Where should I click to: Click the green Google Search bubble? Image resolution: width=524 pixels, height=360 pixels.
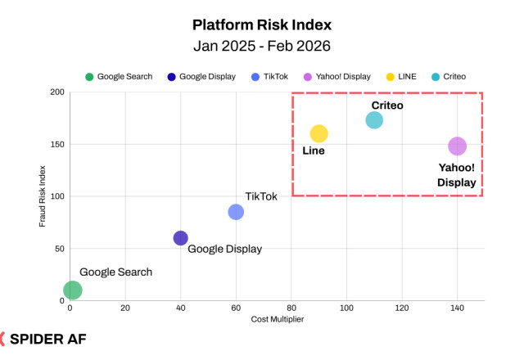tap(72, 290)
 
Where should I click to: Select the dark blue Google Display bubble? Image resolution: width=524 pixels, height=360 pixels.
tap(181, 238)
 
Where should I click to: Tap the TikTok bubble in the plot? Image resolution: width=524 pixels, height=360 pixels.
tap(236, 212)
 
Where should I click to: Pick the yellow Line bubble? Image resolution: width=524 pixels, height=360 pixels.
tap(319, 133)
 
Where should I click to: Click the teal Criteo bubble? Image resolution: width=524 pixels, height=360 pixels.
tap(374, 120)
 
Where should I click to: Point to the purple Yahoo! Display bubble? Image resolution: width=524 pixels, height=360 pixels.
tap(457, 146)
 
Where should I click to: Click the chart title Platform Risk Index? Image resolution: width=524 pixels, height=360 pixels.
tap(261, 25)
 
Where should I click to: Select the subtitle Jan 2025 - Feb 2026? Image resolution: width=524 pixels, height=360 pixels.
tap(261, 45)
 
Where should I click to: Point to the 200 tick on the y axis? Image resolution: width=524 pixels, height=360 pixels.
tap(56, 92)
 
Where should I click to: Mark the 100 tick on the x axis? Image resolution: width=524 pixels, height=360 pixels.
tap(346, 308)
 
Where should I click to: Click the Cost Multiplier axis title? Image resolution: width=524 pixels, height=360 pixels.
tap(277, 319)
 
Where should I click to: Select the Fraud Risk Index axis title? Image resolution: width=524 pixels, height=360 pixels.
tap(43, 196)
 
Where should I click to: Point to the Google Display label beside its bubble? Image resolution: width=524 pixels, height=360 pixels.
tap(224, 249)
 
